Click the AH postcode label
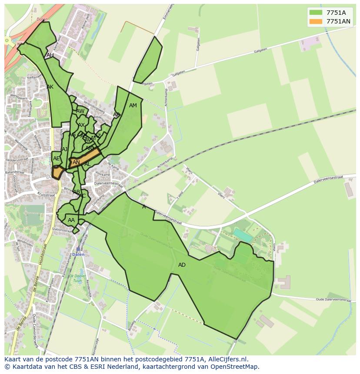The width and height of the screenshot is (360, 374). (50, 55)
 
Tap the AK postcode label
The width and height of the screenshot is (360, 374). (50, 87)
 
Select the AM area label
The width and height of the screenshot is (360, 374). (133, 106)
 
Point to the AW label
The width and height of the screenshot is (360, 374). (80, 111)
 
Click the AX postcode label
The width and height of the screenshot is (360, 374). (81, 125)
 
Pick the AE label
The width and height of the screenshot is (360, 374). (57, 159)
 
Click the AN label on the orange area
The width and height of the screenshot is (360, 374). (76, 162)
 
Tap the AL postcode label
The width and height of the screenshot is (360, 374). (87, 164)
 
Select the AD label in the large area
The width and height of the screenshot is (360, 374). (182, 265)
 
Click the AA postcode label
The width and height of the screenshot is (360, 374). (71, 220)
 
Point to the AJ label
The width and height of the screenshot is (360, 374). (65, 149)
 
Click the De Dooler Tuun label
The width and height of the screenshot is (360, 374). (77, 278)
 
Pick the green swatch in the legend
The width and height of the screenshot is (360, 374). (316, 13)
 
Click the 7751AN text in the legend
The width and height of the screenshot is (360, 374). (339, 21)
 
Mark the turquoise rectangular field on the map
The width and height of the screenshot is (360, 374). (243, 235)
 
